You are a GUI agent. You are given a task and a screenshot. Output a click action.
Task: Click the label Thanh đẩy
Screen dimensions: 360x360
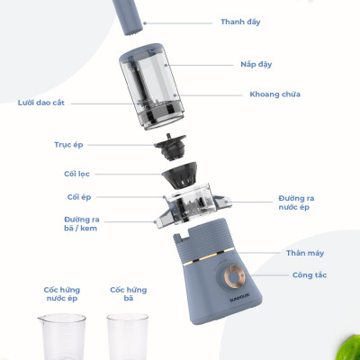pyautogui.click(x=240, y=22)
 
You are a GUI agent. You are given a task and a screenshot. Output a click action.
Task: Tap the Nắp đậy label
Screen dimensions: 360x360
pyautogui.click(x=256, y=65)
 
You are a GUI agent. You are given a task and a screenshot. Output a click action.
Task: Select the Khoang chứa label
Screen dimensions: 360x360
pyautogui.click(x=274, y=94)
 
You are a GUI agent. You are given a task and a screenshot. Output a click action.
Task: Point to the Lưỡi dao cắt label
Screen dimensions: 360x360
pyautogui.click(x=41, y=103)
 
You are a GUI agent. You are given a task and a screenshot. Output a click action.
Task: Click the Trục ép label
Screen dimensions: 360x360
pyautogui.click(x=68, y=145)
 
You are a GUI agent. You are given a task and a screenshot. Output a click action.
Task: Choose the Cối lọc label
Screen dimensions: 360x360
pyautogui.click(x=76, y=174)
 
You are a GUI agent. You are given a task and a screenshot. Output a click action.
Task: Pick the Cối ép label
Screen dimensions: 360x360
pyautogui.click(x=79, y=197)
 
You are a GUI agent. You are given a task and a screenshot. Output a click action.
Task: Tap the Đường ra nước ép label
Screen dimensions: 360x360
pyautogui.click(x=296, y=202)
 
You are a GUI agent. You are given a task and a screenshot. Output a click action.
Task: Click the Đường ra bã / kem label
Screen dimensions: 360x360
pyautogui.click(x=82, y=224)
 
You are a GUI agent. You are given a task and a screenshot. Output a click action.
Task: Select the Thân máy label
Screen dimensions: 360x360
pyautogui.click(x=305, y=253)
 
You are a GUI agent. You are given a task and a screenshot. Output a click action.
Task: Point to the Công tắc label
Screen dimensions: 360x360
pyautogui.click(x=310, y=275)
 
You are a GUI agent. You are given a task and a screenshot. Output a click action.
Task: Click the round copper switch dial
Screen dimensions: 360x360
pyautogui.click(x=235, y=276)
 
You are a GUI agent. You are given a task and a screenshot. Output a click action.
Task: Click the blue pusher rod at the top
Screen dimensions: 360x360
pyautogui.click(x=128, y=17)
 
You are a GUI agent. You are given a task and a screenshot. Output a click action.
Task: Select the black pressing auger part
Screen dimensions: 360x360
pyautogui.click(x=170, y=147)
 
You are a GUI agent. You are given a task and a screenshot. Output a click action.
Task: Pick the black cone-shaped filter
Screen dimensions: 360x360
pyautogui.click(x=180, y=175)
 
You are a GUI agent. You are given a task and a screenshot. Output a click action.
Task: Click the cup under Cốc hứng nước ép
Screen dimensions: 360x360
pyautogui.click(x=62, y=337)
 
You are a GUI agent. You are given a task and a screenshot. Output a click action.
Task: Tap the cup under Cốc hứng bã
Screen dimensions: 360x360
pyautogui.click(x=128, y=337)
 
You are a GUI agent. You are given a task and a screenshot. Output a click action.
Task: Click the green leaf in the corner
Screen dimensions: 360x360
pyautogui.click(x=348, y=348)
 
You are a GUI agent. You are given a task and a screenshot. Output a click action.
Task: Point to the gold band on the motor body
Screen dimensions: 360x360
pyautogui.click(x=205, y=256)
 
